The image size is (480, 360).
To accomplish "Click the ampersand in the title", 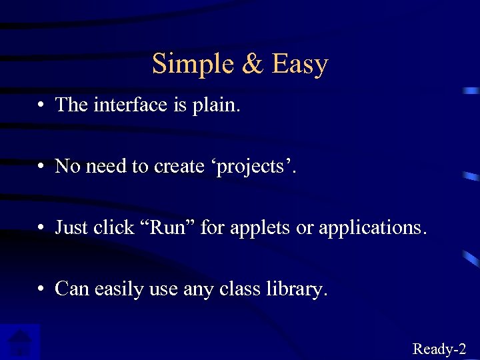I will point(253,64).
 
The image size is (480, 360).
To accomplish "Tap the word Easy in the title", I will point(300,65).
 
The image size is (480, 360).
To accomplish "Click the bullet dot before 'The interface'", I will point(41,105).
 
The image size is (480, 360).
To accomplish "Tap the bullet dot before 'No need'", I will point(41,167).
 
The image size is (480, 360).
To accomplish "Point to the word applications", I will point(371,229).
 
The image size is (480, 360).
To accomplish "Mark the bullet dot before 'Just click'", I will point(41,228).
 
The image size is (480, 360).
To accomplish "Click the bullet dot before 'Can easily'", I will point(41,289).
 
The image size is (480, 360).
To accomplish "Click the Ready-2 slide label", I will point(439,348).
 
